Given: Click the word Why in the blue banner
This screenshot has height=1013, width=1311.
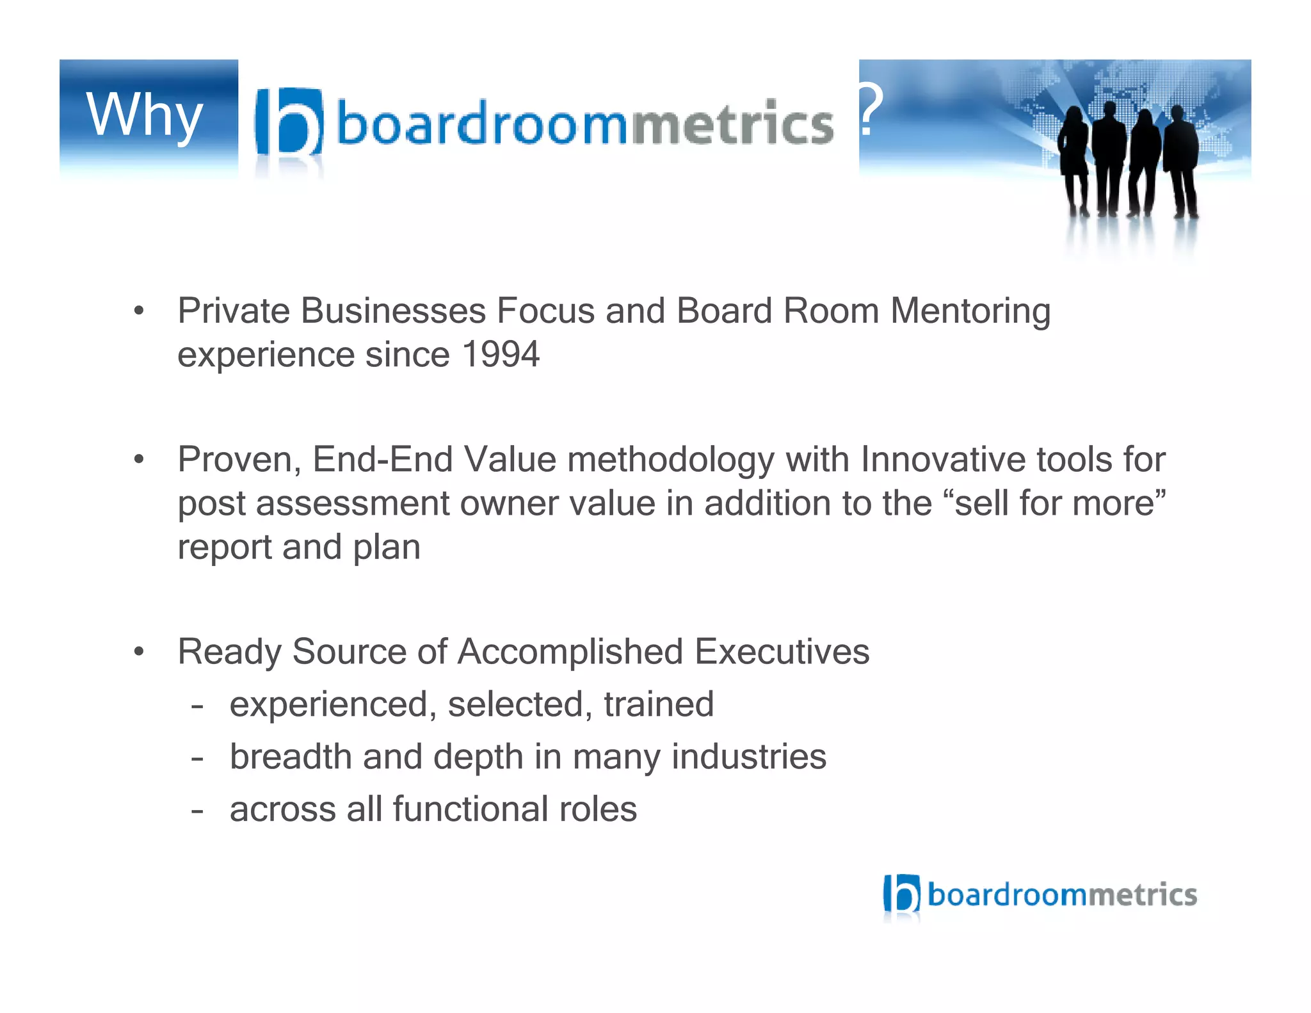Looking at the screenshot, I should coord(145,116).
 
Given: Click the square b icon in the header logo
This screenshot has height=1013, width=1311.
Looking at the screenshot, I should coord(289,122).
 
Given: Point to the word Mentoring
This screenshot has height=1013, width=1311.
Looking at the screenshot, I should coord(970,311).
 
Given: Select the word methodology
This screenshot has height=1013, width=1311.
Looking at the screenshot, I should coord(670,460).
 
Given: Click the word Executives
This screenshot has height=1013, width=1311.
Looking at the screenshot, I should coord(782,652).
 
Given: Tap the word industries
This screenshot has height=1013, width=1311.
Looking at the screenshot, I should coord(748,757).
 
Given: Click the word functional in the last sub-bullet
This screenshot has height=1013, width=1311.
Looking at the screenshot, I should coord(471,809).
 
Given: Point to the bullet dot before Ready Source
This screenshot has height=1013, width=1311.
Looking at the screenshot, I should coord(139,652).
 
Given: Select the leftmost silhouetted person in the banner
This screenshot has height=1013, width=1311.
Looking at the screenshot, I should coord(1074,160).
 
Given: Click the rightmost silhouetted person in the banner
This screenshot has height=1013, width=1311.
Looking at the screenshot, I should coord(1181,160).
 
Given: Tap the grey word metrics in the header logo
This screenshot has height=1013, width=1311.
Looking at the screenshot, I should coord(733,124).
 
